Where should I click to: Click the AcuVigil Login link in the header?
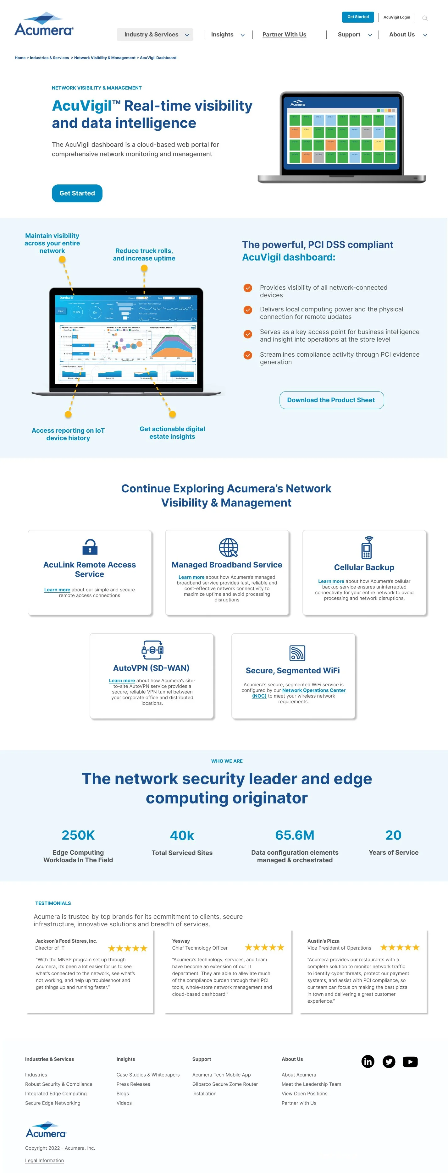click(396, 17)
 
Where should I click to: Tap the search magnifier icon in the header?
click(425, 18)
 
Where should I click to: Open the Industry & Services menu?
click(155, 35)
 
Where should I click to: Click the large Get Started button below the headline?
click(77, 193)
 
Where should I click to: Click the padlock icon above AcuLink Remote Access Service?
click(90, 546)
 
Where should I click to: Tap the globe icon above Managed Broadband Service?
click(228, 547)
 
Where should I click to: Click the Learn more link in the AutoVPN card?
click(122, 680)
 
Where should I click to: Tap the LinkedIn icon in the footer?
click(368, 1061)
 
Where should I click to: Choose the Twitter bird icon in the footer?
click(389, 1061)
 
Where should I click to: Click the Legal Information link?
click(44, 1160)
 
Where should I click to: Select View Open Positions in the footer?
click(304, 1093)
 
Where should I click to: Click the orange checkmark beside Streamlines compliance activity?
click(247, 355)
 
